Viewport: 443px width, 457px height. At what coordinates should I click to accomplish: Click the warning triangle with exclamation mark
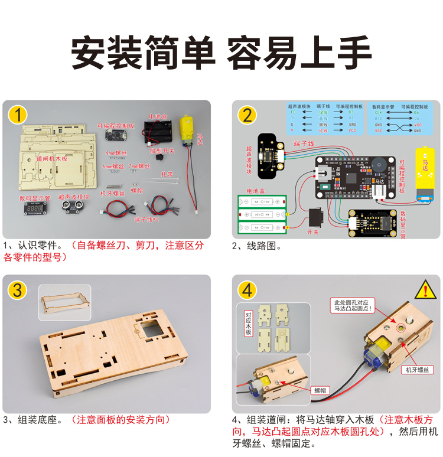[x=425, y=290]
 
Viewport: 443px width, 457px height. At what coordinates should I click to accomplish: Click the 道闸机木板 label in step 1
[x=52, y=159]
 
